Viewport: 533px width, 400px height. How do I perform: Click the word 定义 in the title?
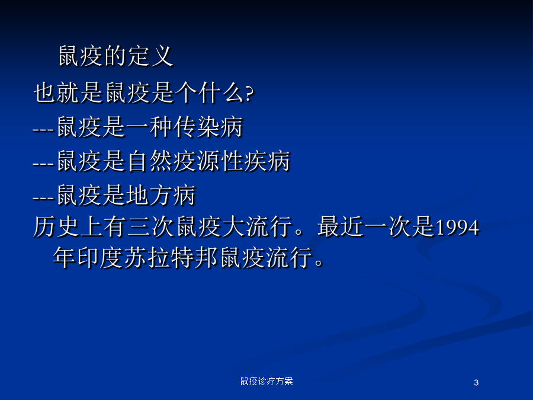[150, 56]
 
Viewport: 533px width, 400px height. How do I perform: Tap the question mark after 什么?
[249, 93]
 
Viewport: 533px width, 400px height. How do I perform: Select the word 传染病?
[208, 127]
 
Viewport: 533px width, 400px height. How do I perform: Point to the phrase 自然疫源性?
[185, 161]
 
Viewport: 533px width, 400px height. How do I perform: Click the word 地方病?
[161, 195]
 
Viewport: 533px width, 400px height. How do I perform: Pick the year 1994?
[457, 228]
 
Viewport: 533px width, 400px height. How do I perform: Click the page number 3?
[476, 382]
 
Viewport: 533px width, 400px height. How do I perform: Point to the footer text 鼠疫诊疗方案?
[266, 381]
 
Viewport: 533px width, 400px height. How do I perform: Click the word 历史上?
[68, 227]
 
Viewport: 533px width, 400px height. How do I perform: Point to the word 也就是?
[68, 92]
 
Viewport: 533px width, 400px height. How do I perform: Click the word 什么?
[221, 92]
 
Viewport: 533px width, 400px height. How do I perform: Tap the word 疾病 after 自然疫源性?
[267, 161]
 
